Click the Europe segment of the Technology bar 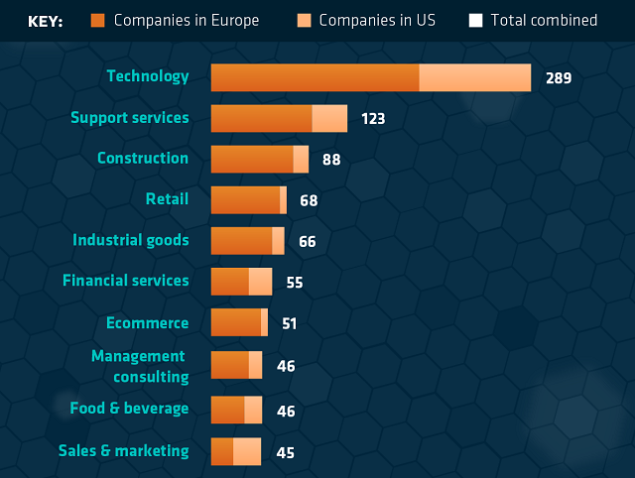click(315, 77)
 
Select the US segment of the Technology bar click(474, 77)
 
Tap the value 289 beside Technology click(559, 77)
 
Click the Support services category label click(129, 118)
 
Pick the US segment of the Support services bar click(329, 118)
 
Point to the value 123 click(372, 119)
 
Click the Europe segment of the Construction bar click(252, 159)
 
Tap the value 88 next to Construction click(331, 160)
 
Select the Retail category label click(167, 199)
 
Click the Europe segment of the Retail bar click(245, 199)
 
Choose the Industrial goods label click(130, 240)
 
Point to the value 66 click(307, 242)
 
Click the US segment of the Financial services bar click(260, 282)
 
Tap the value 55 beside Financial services click(294, 283)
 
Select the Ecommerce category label click(147, 323)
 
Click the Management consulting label click(140, 366)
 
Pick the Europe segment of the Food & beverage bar click(227, 410)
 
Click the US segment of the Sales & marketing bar click(246, 451)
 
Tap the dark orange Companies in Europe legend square click(97, 21)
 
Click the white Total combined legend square click(476, 21)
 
